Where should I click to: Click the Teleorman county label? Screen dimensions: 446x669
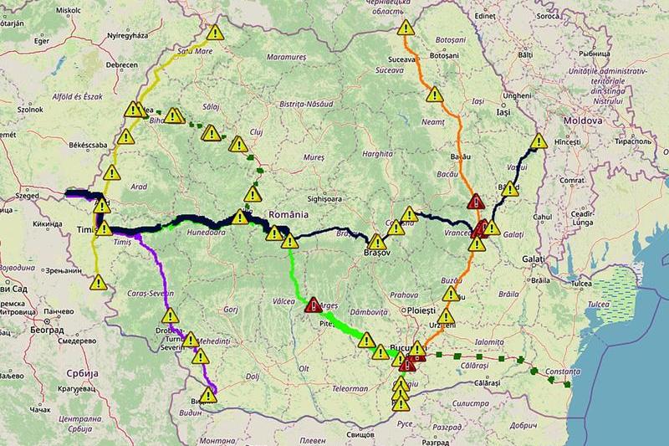click(349, 388)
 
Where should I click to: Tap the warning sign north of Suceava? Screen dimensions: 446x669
click(406, 28)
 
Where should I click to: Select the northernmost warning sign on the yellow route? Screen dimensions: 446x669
click(216, 33)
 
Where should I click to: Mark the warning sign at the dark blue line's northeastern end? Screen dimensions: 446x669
click(539, 141)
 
